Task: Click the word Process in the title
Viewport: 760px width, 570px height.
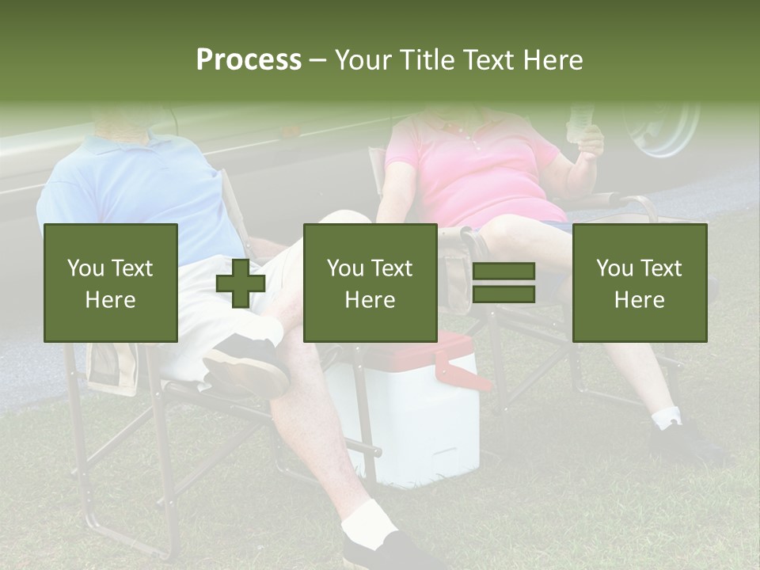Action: [249, 60]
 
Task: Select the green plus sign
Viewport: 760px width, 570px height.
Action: [241, 283]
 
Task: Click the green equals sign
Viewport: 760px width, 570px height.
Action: [503, 283]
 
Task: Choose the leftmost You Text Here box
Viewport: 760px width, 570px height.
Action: [111, 283]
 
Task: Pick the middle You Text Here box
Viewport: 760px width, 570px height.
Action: [370, 283]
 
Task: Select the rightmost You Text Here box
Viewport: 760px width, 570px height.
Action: [639, 283]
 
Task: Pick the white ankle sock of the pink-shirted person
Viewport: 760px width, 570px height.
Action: [667, 417]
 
